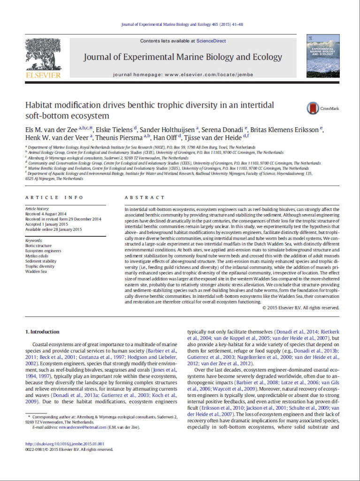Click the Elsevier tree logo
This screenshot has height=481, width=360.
tap(43, 55)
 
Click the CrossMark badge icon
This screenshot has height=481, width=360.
tap(313, 109)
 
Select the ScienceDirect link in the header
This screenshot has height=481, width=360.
tap(211, 41)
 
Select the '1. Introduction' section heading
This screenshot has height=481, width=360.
tap(42, 332)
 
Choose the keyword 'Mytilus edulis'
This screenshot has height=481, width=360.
tap(36, 256)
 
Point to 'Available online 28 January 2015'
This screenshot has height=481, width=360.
tap(54, 229)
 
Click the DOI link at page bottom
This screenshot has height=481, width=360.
tap(65, 444)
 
